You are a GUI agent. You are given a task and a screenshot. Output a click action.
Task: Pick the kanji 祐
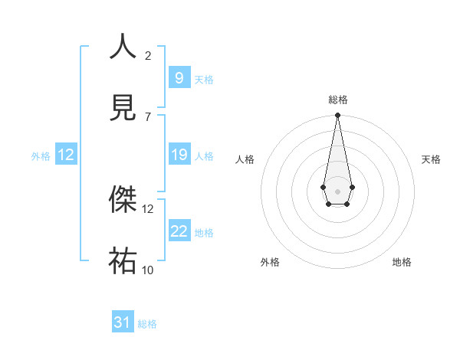click(123, 260)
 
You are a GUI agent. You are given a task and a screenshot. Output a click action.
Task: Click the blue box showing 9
click(179, 77)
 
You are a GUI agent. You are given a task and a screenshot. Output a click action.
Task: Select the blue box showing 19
click(179, 155)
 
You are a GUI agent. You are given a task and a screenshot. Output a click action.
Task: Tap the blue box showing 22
click(179, 231)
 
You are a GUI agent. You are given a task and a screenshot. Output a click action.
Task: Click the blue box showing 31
click(123, 322)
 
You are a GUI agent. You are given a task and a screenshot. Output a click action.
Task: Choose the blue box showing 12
click(66, 155)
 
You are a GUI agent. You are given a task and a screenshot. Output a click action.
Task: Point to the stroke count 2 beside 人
click(148, 55)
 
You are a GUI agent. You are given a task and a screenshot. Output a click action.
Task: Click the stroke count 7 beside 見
click(148, 116)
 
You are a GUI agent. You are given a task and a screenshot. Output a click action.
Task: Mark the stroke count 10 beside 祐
click(148, 270)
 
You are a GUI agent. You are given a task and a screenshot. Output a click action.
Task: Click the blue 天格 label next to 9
click(204, 79)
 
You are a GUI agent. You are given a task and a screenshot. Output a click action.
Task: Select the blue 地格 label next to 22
click(204, 233)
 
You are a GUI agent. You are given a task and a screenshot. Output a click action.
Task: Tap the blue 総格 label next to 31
click(147, 324)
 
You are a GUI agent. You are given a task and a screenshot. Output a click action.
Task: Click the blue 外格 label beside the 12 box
click(41, 156)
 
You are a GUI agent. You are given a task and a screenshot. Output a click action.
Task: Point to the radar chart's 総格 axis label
click(337, 100)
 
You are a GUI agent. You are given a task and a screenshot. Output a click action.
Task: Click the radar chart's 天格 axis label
click(432, 159)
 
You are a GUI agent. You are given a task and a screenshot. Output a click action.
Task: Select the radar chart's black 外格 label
click(270, 262)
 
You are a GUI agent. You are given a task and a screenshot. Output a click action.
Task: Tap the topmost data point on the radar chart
click(337, 116)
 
